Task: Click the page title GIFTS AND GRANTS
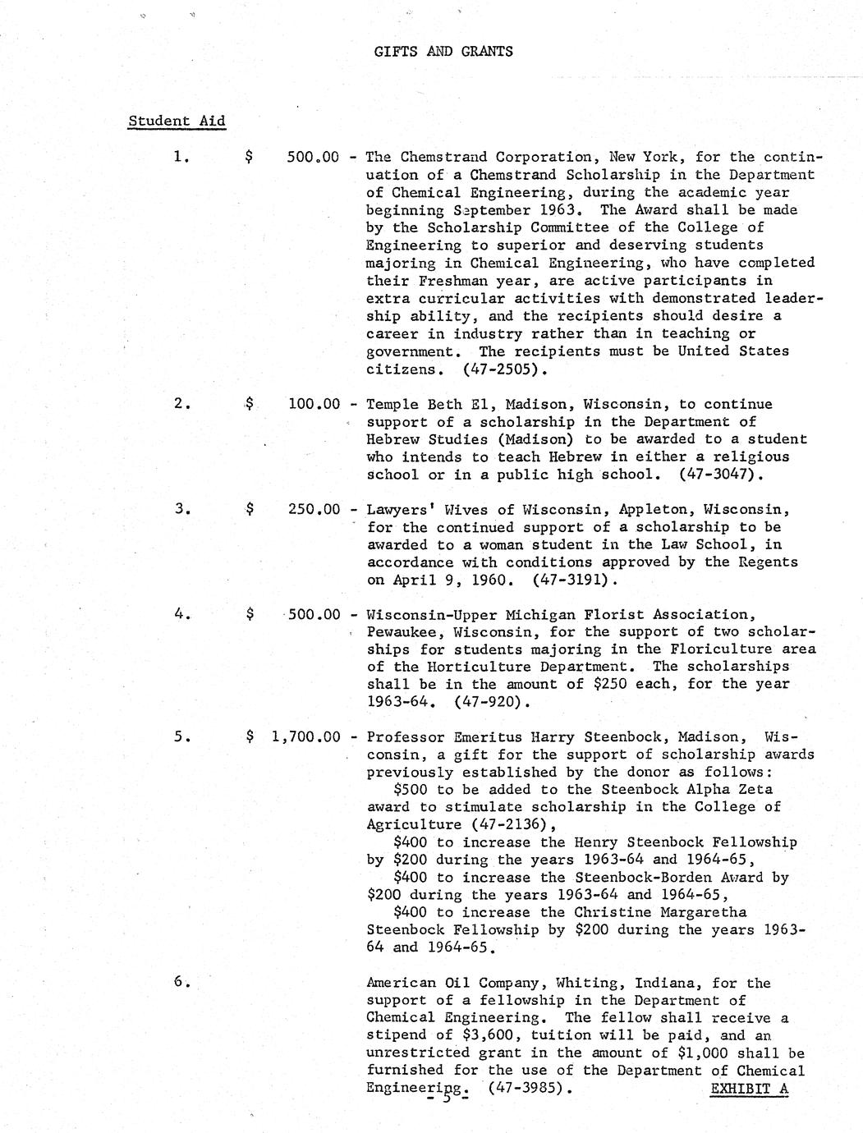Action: [x=443, y=51]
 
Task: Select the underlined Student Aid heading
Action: [x=177, y=121]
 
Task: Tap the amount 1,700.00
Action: [x=305, y=736]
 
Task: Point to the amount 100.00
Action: [x=314, y=404]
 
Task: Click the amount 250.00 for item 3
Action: [x=314, y=509]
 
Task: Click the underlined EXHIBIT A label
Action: [x=749, y=1089]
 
